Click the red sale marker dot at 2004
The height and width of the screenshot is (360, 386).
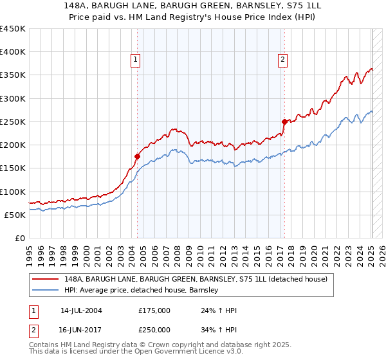coord(137,156)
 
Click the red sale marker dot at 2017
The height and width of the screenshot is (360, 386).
coord(284,121)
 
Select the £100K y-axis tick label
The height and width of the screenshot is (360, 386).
coord(13,192)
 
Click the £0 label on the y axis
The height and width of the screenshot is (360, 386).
coord(19,238)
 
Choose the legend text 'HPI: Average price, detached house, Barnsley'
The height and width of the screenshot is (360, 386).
coord(142,290)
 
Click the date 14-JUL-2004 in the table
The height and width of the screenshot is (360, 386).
coord(81,310)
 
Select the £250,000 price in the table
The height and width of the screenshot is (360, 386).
coord(154,329)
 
